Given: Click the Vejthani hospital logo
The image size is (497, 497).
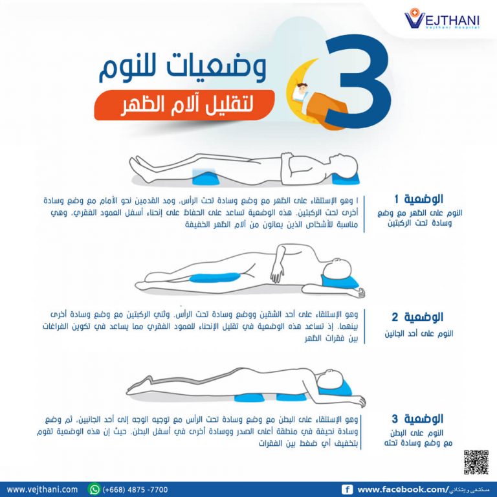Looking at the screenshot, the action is click(x=442, y=19).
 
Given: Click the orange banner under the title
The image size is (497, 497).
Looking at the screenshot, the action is click(x=184, y=105).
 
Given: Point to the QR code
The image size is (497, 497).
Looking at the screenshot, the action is click(x=476, y=462).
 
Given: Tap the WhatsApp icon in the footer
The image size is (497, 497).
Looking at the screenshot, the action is click(x=94, y=489).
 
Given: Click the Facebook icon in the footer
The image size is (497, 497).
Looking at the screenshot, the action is click(x=347, y=490).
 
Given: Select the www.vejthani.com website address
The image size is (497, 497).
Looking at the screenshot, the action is click(x=42, y=489).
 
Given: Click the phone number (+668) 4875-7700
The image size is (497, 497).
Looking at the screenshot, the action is click(x=135, y=490).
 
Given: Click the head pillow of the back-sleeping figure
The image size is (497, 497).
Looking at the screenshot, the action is click(x=346, y=179).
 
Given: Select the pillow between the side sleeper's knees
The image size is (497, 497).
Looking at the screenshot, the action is click(x=215, y=278).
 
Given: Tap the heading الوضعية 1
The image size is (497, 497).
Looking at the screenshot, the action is click(x=419, y=199).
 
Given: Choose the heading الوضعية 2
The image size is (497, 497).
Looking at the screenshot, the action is click(x=417, y=316).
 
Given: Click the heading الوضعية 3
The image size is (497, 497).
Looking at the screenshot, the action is click(x=417, y=419).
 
